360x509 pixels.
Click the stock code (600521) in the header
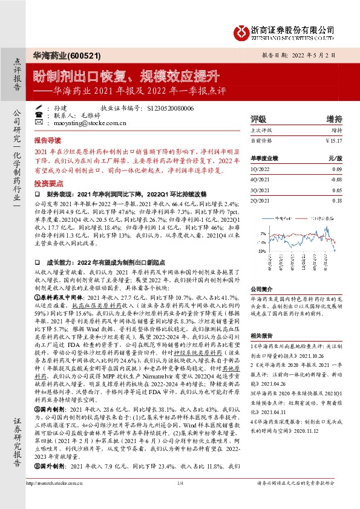(x=77, y=54)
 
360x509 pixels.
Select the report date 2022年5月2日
(x=321, y=54)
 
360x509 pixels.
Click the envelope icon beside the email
(x=39, y=122)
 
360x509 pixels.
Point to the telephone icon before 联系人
(x=39, y=114)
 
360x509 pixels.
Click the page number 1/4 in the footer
(x=180, y=501)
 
